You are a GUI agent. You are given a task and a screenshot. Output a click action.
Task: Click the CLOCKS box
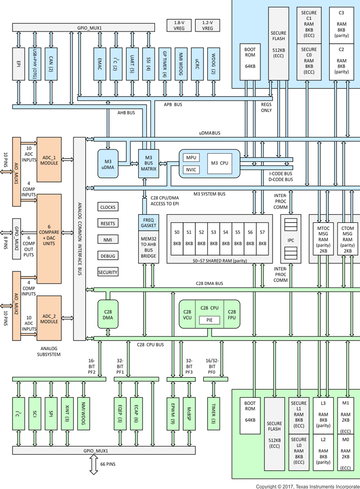coord(108,208)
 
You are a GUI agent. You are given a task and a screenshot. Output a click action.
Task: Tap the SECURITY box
coord(108,272)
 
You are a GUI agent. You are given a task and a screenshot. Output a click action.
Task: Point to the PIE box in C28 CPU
coord(210,320)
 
